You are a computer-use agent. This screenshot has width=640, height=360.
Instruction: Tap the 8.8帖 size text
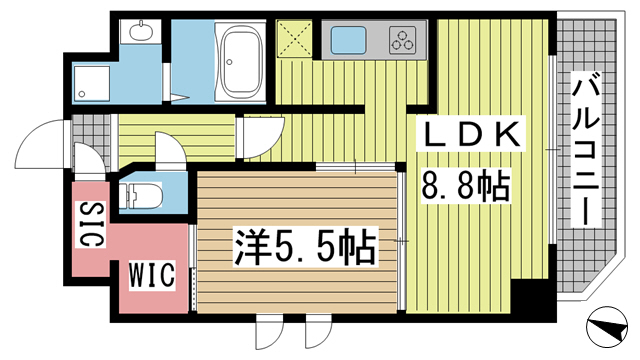(465, 186)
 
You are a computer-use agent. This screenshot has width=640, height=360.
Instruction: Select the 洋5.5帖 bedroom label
(304, 247)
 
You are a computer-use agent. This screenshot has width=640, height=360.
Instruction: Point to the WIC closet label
(152, 275)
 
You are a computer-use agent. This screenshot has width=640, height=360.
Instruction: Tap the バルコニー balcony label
(586, 149)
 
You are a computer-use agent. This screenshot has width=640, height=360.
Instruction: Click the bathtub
(240, 60)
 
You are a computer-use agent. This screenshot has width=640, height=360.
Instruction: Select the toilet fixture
(142, 196)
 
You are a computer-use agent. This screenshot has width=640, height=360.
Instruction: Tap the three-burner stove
(403, 40)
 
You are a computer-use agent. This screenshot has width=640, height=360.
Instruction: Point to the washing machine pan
(92, 84)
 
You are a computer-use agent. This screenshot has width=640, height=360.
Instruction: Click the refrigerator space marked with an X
(294, 39)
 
